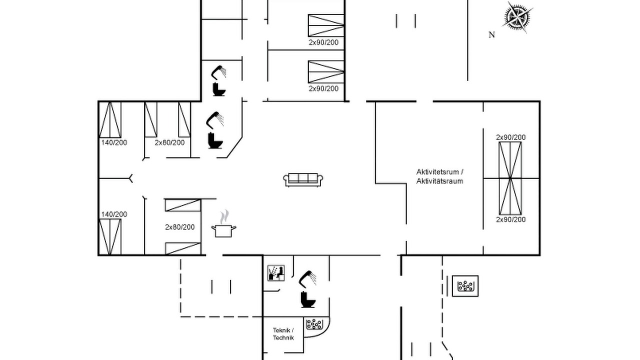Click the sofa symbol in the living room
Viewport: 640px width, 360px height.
[x=303, y=179]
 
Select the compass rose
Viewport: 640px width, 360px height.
[x=517, y=17]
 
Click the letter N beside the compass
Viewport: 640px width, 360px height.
[x=491, y=35]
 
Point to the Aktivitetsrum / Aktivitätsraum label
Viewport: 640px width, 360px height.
[x=439, y=176]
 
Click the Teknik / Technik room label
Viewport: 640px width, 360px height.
[x=283, y=334]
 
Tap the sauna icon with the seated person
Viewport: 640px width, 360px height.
[x=276, y=273]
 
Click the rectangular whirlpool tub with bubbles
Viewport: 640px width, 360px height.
[x=465, y=286]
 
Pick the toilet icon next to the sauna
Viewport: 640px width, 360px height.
[x=307, y=299]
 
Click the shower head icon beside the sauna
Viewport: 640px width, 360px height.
[x=307, y=278]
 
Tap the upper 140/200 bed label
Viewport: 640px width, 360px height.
[x=114, y=142]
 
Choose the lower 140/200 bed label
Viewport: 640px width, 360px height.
[x=114, y=214]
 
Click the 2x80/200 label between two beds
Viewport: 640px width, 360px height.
[x=179, y=227]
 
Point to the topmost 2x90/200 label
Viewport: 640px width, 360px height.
[x=323, y=42]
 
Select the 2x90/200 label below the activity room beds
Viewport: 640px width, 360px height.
[x=510, y=219]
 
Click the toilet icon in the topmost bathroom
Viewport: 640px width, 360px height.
[x=219, y=89]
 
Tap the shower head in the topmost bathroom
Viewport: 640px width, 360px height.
[x=218, y=71]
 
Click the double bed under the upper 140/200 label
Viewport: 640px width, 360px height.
[x=110, y=119]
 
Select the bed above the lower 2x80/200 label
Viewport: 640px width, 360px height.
[x=183, y=205]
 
